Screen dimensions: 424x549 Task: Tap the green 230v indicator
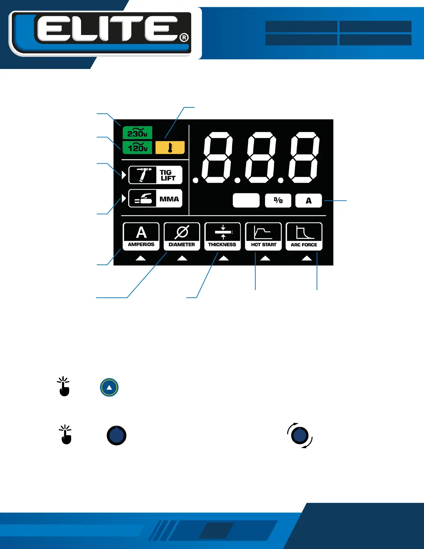[138, 133]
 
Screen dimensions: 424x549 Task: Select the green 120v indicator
[138, 148]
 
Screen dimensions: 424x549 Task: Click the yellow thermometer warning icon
[170, 148]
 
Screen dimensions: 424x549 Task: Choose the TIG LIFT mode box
[156, 175]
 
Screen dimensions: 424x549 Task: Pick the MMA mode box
[156, 199]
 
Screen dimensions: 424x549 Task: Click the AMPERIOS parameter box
[141, 236]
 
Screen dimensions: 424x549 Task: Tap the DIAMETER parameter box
[182, 236]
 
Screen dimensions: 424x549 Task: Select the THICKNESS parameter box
[222, 236]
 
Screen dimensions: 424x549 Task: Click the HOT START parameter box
[264, 236]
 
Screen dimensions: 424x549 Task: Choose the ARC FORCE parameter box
[304, 236]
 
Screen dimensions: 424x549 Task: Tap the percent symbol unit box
[278, 200]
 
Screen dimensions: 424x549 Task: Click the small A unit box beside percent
[309, 200]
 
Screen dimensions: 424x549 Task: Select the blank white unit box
[246, 200]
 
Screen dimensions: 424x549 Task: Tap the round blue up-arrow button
[109, 387]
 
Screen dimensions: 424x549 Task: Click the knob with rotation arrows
[300, 435]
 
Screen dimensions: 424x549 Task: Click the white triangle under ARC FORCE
[307, 258]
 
